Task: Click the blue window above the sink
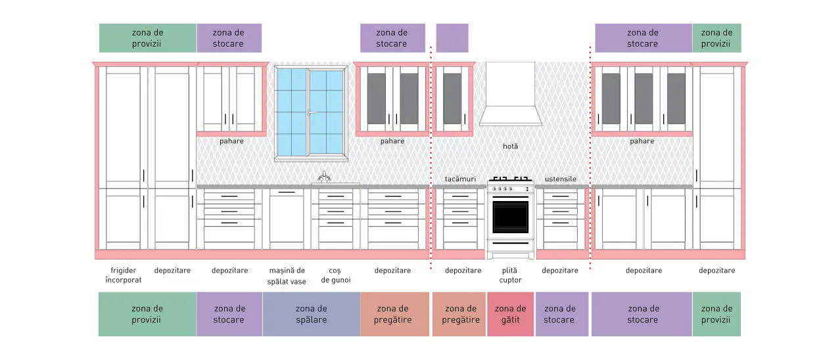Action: (311, 113)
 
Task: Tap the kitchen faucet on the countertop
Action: (324, 177)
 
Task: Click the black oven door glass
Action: (510, 217)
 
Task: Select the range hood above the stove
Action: (510, 94)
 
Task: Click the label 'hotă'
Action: (510, 146)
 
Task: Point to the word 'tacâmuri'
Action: (460, 179)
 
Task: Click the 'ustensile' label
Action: (560, 179)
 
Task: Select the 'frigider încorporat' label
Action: (124, 275)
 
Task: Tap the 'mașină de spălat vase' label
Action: (287, 276)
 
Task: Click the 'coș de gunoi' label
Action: (335, 275)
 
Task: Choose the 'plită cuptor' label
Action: (510, 275)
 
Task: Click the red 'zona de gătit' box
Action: (510, 314)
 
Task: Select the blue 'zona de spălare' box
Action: (312, 314)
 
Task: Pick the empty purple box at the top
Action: (452, 38)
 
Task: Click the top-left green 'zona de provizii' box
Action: (148, 38)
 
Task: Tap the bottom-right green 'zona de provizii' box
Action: (716, 314)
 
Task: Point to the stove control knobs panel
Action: (510, 189)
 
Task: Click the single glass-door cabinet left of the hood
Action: (453, 98)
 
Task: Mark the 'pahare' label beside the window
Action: (231, 141)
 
